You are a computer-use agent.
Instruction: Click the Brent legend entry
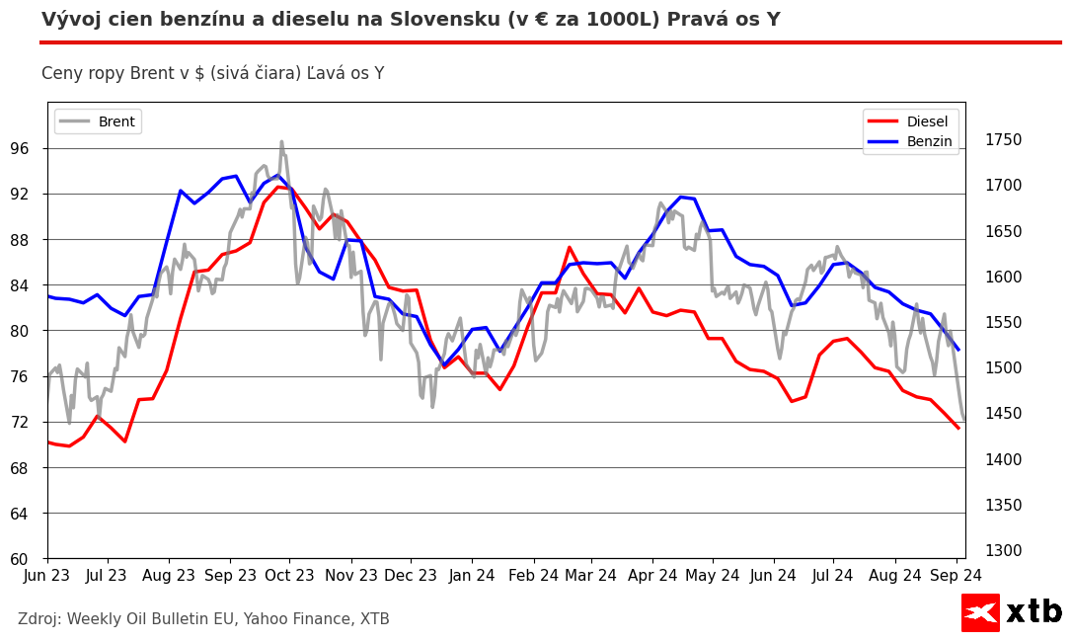(x=98, y=121)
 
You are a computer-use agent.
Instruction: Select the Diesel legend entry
(x=910, y=121)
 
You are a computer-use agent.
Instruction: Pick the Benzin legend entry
(x=910, y=141)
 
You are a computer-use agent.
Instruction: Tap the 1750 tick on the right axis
(x=1003, y=140)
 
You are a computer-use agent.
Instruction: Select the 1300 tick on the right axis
(x=1003, y=551)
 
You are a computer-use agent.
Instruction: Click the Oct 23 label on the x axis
(x=290, y=576)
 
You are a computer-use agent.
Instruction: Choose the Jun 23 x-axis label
(x=47, y=576)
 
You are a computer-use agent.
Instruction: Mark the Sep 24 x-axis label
(x=956, y=576)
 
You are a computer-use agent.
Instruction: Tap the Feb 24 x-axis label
(x=533, y=576)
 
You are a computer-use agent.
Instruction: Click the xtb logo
(x=1012, y=612)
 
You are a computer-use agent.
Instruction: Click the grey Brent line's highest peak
(x=281, y=141)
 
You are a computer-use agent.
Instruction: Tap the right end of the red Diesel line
(x=958, y=428)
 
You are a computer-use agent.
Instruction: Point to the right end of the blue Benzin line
(x=958, y=350)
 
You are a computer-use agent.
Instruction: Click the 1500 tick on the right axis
(x=1003, y=368)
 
